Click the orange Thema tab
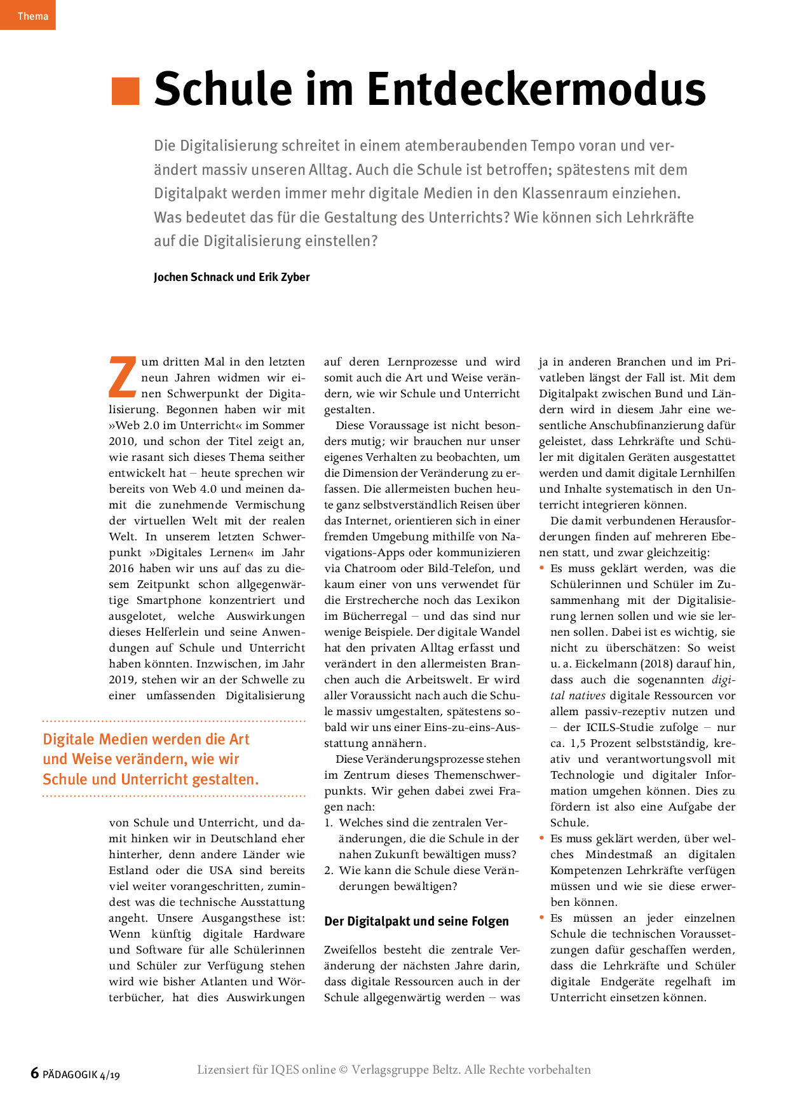28,15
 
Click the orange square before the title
125,91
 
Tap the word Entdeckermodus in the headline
536,90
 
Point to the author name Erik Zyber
284,277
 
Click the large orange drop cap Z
123,377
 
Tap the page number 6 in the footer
35,1073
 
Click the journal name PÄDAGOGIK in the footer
70,1075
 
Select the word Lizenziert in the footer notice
223,1070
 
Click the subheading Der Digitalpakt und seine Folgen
416,921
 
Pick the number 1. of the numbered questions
329,823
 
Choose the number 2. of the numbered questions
329,870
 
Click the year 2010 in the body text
122,441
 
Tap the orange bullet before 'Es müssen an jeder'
541,917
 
